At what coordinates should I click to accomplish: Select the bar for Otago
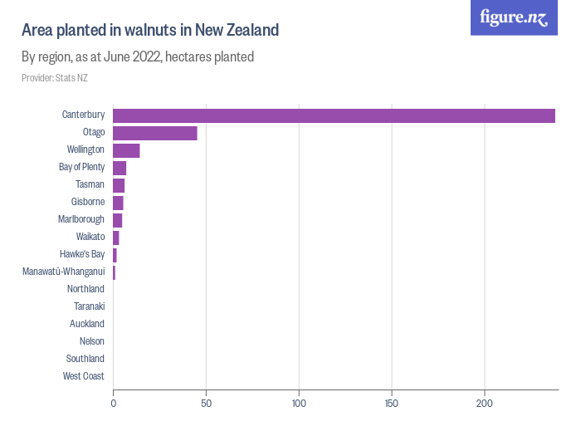pyautogui.click(x=155, y=133)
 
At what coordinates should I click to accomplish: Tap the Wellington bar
pyautogui.click(x=126, y=150)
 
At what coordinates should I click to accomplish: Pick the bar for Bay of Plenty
pyautogui.click(x=120, y=168)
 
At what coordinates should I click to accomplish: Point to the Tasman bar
pyautogui.click(x=119, y=185)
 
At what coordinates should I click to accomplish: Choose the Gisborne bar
pyautogui.click(x=118, y=203)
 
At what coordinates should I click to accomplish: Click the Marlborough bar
pyautogui.click(x=117, y=220)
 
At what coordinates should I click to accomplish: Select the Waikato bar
pyautogui.click(x=116, y=238)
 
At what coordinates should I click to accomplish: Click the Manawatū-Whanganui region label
pyautogui.click(x=64, y=272)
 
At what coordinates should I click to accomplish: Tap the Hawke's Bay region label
pyautogui.click(x=82, y=254)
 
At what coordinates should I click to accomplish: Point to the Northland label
pyautogui.click(x=85, y=289)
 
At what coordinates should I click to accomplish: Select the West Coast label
pyautogui.click(x=84, y=376)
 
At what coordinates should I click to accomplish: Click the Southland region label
pyautogui.click(x=85, y=359)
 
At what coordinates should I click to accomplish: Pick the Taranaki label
pyautogui.click(x=89, y=306)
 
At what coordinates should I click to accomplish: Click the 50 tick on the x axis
pyautogui.click(x=207, y=404)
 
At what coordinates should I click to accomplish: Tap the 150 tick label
pyautogui.click(x=392, y=404)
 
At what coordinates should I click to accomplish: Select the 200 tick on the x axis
pyautogui.click(x=485, y=404)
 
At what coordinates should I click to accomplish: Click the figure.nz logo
pyautogui.click(x=514, y=17)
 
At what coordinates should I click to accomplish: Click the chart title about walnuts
pyautogui.click(x=150, y=31)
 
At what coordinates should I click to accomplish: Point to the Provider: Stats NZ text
pyautogui.click(x=55, y=78)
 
